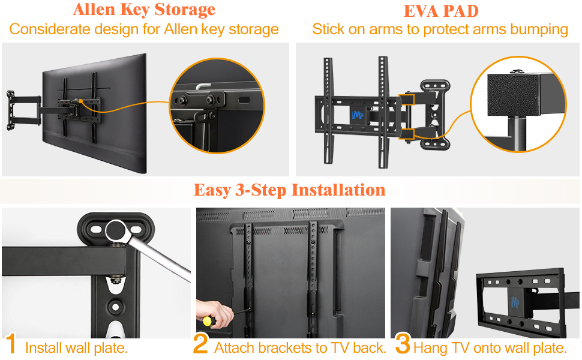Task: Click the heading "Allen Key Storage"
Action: [144, 10]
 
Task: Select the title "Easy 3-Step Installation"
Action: [289, 190]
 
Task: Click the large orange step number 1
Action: [10, 344]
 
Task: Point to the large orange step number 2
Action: [201, 344]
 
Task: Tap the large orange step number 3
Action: [403, 344]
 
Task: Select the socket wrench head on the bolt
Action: [115, 230]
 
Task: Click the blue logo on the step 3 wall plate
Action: [515, 301]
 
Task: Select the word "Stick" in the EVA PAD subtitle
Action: [328, 29]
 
